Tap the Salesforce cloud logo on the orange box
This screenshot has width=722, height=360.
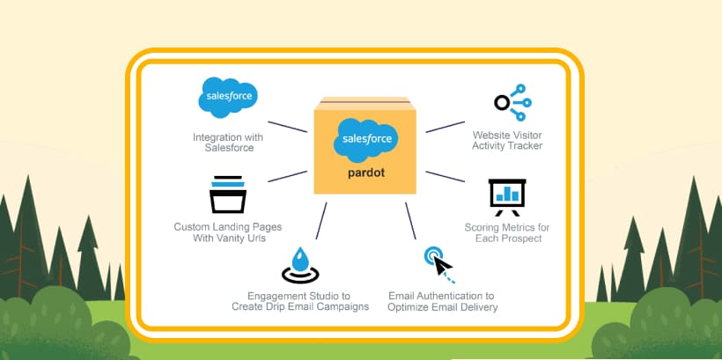point(365,139)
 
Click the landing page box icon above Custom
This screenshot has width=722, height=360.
point(227,195)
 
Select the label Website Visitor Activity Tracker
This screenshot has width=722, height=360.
point(507,140)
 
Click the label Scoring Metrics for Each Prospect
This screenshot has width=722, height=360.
point(507,233)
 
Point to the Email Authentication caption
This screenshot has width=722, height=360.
point(443,301)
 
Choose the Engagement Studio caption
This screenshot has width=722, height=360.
point(300,301)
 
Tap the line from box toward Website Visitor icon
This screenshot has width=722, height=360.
point(446,125)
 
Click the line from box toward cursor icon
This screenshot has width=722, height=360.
point(410,219)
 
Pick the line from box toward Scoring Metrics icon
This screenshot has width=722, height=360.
point(446,176)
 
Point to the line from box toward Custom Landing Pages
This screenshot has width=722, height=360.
point(286,176)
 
